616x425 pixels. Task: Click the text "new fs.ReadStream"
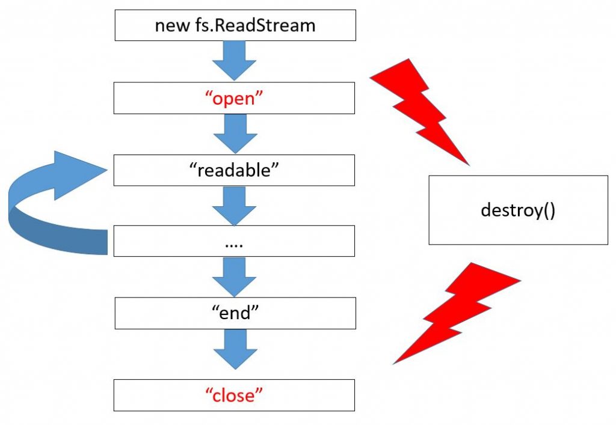(235, 25)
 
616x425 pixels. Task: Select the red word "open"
(235, 99)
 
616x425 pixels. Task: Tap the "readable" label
(235, 170)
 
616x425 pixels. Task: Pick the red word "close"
(235, 396)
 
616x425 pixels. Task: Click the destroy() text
(518, 210)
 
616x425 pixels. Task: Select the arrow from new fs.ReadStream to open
(235, 60)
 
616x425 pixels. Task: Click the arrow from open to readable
(235, 133)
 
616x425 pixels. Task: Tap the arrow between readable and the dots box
(235, 206)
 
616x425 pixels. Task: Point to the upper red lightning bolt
(421, 108)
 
